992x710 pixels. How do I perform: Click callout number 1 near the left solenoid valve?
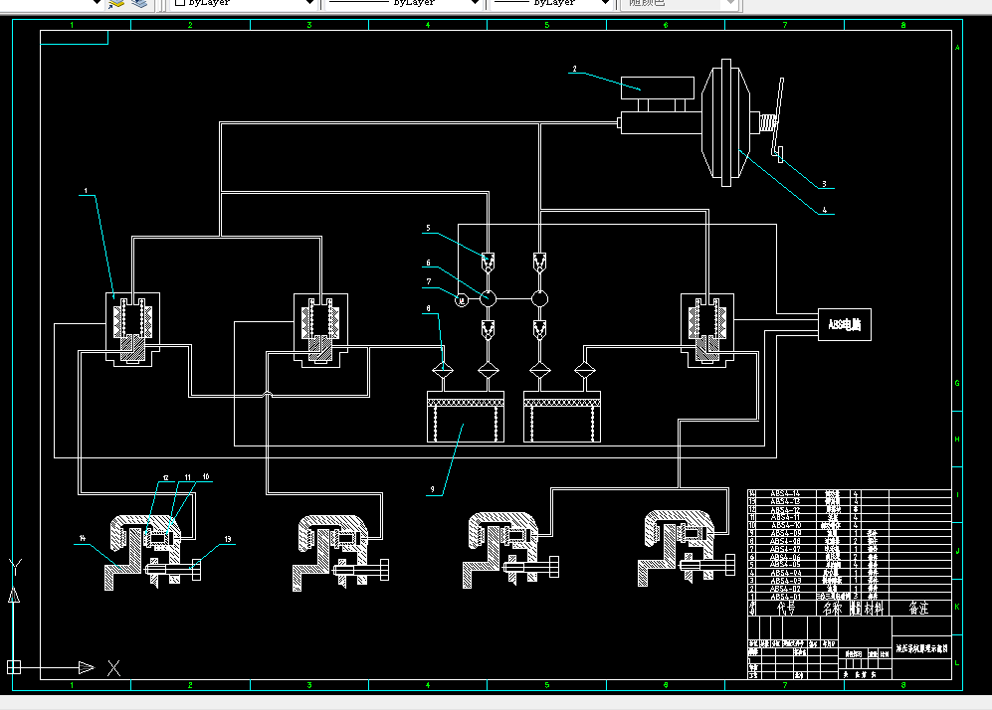coord(87,191)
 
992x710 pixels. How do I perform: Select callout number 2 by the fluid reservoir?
coord(574,70)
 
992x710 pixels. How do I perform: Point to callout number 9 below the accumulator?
coord(433,489)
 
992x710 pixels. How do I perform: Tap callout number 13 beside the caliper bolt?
coord(228,539)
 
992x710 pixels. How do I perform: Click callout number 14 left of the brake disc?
coord(82,538)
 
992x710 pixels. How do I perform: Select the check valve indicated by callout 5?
coord(488,264)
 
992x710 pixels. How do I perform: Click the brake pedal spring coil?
coord(766,124)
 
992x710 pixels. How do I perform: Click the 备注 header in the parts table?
coord(916,608)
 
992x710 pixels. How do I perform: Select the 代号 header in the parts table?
coord(785,608)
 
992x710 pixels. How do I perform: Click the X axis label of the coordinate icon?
coord(114,667)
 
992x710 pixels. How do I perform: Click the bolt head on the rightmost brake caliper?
coord(724,570)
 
